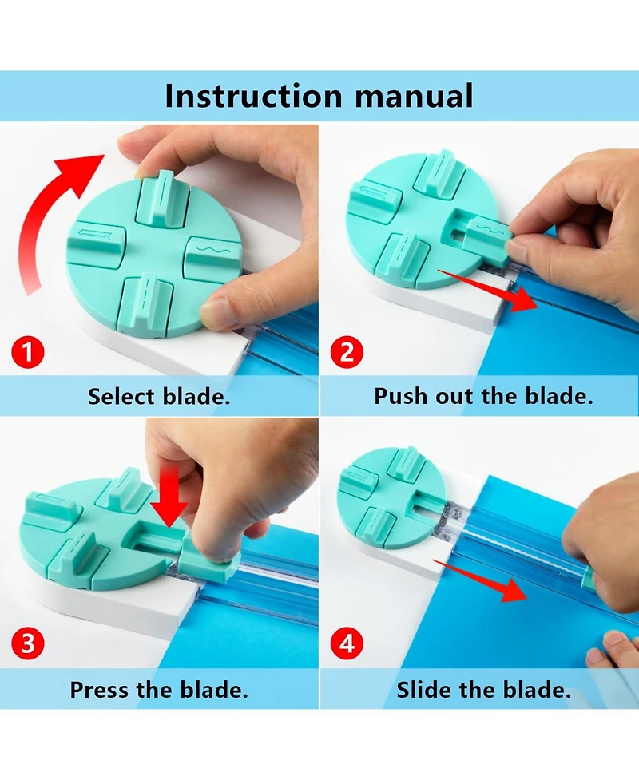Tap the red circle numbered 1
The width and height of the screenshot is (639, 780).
click(28, 352)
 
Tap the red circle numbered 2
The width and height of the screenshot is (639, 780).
click(347, 352)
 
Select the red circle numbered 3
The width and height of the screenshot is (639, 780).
click(28, 643)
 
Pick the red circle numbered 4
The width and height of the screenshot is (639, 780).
click(347, 643)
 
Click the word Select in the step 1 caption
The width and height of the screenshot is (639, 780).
click(121, 397)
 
